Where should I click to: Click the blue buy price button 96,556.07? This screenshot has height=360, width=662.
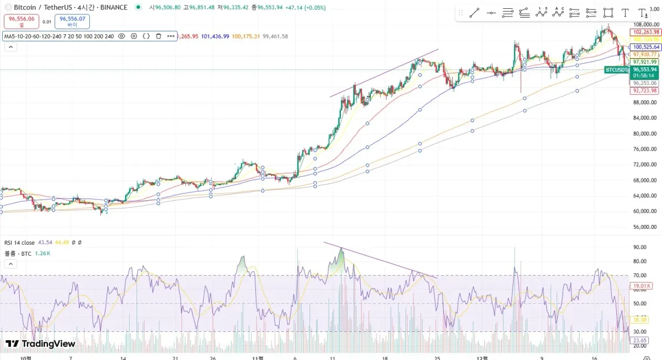pos(72,22)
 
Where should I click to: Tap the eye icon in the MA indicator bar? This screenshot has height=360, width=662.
pos(121,36)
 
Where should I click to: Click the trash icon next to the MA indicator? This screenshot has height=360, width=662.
pos(158,36)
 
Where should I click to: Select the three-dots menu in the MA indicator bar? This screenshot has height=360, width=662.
pos(171,36)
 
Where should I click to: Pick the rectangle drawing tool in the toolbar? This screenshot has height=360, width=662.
pos(608,13)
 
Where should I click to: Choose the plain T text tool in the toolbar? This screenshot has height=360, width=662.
pos(625,13)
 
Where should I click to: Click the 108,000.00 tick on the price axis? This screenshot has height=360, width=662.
pos(645,25)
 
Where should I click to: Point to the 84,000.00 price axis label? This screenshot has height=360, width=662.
pos(645,118)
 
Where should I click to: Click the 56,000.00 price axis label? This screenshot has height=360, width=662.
pos(645,227)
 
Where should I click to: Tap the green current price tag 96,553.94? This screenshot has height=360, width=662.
pos(644,70)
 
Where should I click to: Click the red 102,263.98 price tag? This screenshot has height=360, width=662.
pos(646,32)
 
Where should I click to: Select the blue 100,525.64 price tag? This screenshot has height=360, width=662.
pos(646,47)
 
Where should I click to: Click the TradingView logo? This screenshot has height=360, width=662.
pos(40,344)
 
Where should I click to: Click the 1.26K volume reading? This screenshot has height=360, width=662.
pos(42,254)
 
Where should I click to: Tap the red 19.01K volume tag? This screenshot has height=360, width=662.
pos(642,286)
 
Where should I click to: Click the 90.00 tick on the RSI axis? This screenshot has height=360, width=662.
pos(639,248)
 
